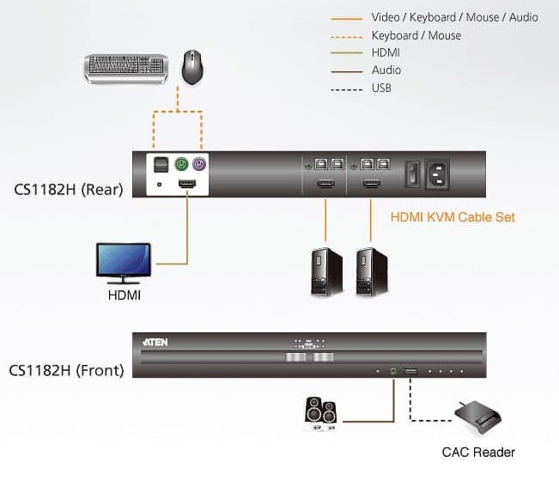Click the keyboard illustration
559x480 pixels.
(x=126, y=69)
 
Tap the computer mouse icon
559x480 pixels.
(x=192, y=67)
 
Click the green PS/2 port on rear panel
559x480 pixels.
(x=181, y=164)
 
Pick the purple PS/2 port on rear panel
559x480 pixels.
(x=199, y=164)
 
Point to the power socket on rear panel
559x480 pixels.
(x=437, y=173)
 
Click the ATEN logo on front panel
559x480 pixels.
(x=155, y=343)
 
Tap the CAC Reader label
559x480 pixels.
(x=478, y=453)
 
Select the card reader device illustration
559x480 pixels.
(x=477, y=417)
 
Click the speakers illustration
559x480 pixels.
(x=320, y=414)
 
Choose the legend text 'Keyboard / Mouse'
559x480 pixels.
(x=416, y=36)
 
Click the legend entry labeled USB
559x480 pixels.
(x=381, y=88)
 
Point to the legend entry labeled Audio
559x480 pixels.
(x=386, y=70)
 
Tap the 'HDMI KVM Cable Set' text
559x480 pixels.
(x=453, y=217)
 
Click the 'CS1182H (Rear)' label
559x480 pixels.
(x=69, y=190)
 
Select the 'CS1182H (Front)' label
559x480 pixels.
(x=66, y=371)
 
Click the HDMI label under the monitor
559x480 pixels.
(x=124, y=295)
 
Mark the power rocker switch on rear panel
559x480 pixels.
(x=413, y=173)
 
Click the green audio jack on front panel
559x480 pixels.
(x=393, y=371)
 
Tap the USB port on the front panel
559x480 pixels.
(x=410, y=372)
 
